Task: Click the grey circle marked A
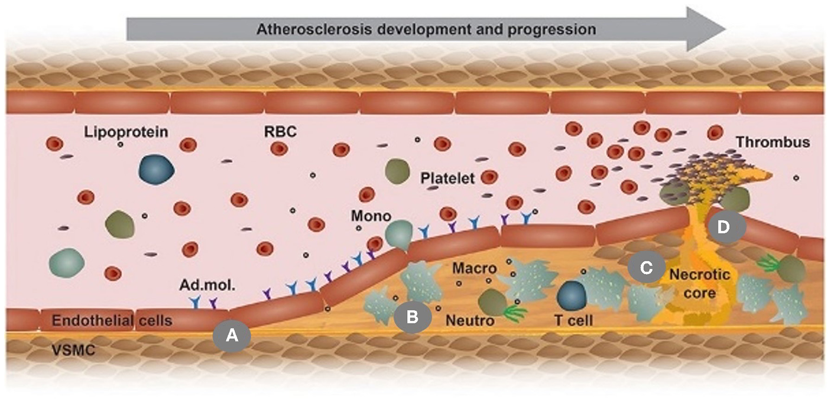coord(232,335)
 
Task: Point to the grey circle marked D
coord(723,228)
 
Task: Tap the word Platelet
coord(448,178)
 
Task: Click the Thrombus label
coord(773,142)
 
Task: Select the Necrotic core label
coord(700,284)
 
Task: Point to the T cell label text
coord(574,320)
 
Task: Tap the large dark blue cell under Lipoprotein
coord(156,169)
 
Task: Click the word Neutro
coord(470,320)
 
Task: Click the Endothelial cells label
coord(112,320)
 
